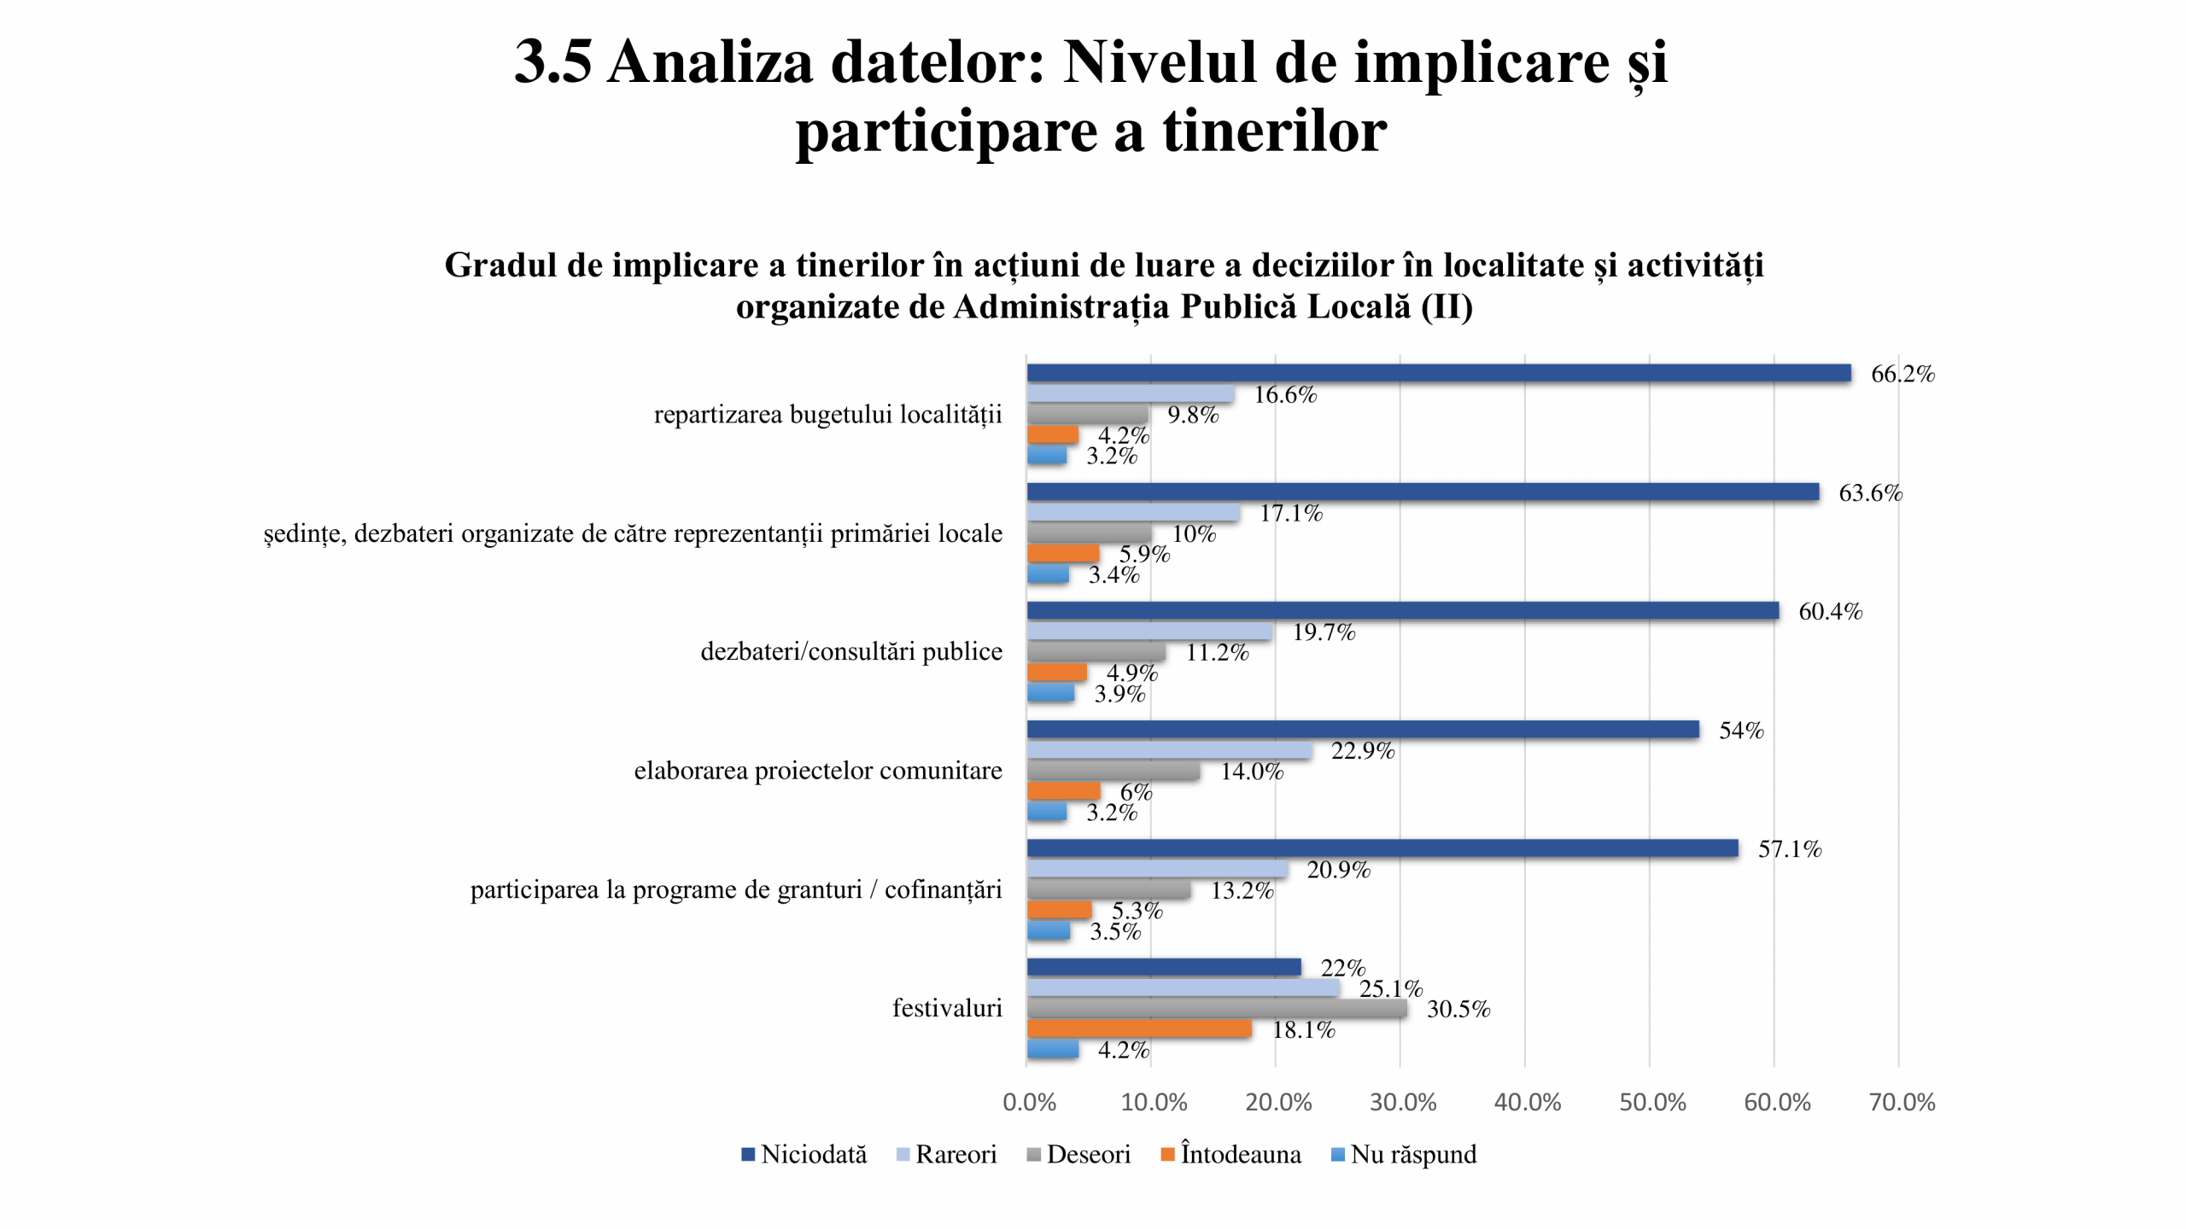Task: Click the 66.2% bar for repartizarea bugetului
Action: (x=1438, y=373)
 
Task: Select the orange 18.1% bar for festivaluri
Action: (x=1139, y=1029)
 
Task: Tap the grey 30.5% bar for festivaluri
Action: (x=1217, y=1009)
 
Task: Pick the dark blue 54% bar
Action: (x=1362, y=730)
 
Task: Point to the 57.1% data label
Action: (x=1789, y=849)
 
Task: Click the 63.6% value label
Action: (x=1870, y=493)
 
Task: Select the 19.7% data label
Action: (x=1324, y=632)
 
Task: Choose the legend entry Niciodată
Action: (x=804, y=1155)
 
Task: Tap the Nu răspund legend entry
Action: (x=1404, y=1155)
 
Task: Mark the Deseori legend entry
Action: (x=1078, y=1155)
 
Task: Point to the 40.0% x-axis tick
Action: (x=1527, y=1102)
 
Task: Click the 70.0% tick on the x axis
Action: (x=1902, y=1102)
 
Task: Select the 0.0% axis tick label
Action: (x=1029, y=1102)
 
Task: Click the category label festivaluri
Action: (x=947, y=1008)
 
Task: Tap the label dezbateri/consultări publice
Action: (x=851, y=651)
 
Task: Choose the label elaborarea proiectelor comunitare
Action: (x=818, y=771)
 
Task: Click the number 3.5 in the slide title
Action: (x=552, y=62)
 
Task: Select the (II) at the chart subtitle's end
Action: (x=1447, y=306)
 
